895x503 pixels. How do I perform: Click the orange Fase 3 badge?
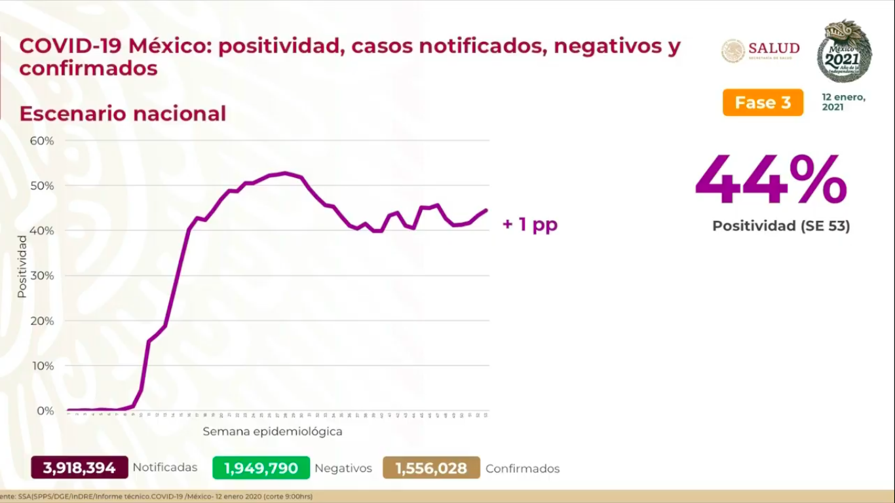coord(763,102)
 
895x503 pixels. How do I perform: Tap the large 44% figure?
coord(771,181)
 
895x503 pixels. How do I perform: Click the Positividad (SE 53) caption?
coord(781,226)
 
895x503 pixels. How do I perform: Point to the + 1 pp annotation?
coord(529,225)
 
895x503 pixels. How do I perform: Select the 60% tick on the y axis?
coord(41,141)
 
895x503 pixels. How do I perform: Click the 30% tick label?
coord(41,276)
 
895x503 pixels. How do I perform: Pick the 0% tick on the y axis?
coord(45,411)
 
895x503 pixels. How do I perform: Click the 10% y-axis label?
coord(41,365)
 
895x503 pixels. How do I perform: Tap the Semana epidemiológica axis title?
coord(272,432)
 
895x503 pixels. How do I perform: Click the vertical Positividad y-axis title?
coord(22,267)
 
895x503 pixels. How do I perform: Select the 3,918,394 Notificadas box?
coord(79,468)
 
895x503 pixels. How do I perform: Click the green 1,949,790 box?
coord(261,468)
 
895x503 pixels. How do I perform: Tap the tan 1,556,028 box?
coord(431,468)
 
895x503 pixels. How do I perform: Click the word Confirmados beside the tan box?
coord(522,469)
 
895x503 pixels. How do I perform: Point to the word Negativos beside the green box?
coord(343,469)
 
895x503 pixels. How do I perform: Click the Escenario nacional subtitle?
coord(123,113)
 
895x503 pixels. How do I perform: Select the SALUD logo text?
coord(773,49)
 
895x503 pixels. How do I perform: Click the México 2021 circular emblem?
coord(844,51)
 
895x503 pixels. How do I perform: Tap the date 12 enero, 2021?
coord(843,102)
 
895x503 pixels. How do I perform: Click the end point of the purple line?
coord(486,210)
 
